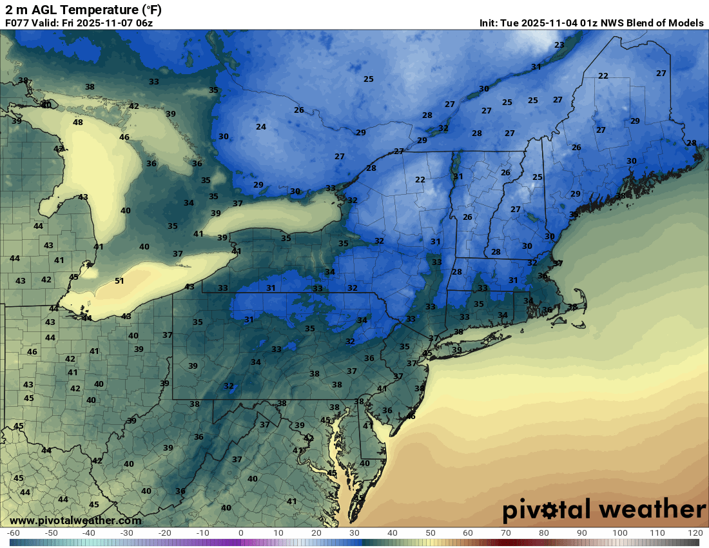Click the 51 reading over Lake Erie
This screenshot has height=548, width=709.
pos(119,280)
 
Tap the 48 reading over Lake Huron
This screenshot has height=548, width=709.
pos(78,122)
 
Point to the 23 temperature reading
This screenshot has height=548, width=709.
pos(559,44)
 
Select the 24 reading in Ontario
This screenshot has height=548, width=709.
pos(261,127)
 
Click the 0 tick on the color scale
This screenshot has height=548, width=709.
pos(240,533)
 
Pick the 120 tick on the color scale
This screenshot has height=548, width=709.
pos(694,533)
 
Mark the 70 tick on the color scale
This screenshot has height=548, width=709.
pos(505,533)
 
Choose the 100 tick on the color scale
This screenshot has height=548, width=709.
pos(619,533)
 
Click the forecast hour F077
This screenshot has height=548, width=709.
pos(18,23)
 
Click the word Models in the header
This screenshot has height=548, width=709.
pos(686,23)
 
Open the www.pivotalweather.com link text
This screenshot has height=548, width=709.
pos(75,520)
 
